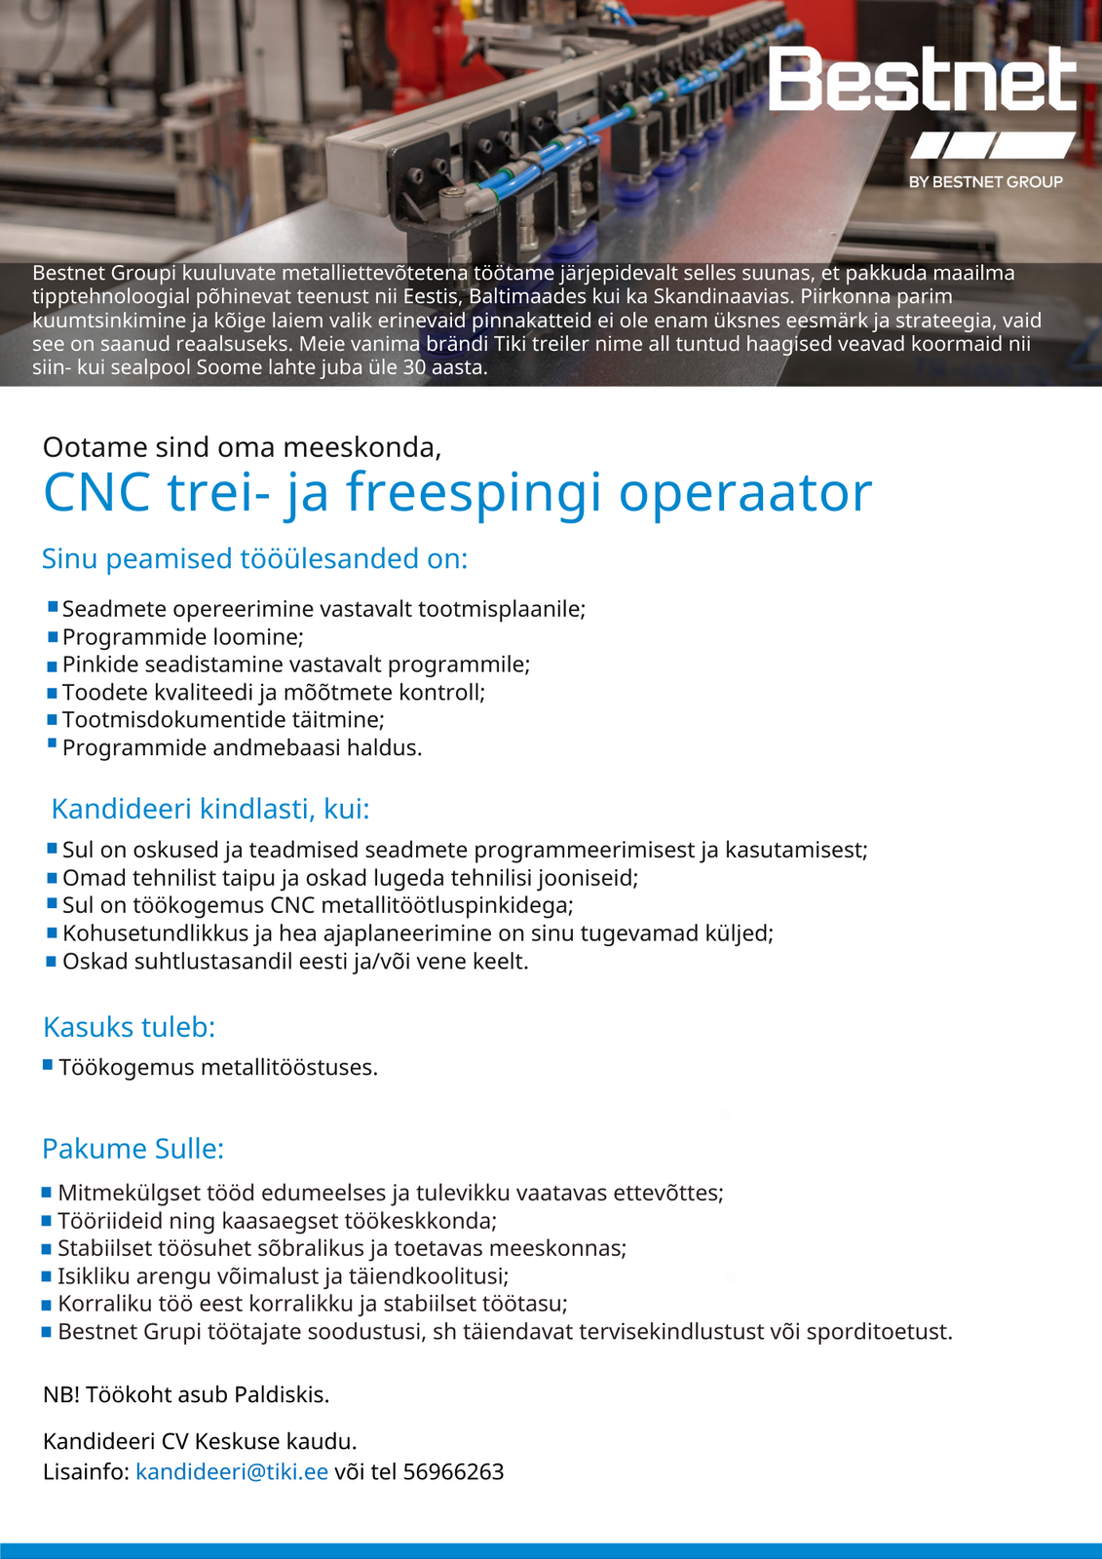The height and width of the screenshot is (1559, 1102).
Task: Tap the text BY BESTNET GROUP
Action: click(985, 182)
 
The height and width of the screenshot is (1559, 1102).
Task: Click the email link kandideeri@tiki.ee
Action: click(232, 1471)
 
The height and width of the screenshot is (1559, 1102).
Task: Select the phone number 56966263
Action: click(453, 1471)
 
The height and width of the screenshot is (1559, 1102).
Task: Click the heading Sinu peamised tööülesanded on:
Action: click(254, 559)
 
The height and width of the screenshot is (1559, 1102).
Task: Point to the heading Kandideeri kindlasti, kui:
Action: click(210, 809)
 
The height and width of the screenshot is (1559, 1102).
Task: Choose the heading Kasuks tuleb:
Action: click(129, 1027)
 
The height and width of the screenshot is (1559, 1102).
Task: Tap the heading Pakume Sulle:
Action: click(133, 1149)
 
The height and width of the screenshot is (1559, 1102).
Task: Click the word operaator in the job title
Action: click(745, 492)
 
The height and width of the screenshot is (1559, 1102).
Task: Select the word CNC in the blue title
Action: click(97, 492)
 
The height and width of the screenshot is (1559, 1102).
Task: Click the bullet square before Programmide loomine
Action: click(54, 637)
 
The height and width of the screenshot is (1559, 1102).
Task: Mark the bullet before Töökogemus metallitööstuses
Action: click(48, 1066)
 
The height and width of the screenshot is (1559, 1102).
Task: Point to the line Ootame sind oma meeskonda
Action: click(242, 447)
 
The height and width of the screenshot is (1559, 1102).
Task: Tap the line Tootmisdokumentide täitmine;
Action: click(223, 720)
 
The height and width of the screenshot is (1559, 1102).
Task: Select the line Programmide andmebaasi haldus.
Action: click(242, 748)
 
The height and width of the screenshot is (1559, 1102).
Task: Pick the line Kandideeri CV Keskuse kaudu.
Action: click(200, 1441)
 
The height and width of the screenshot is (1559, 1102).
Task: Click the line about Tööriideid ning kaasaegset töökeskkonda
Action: click(277, 1221)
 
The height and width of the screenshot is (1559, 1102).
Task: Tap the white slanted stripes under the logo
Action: click(992, 146)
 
